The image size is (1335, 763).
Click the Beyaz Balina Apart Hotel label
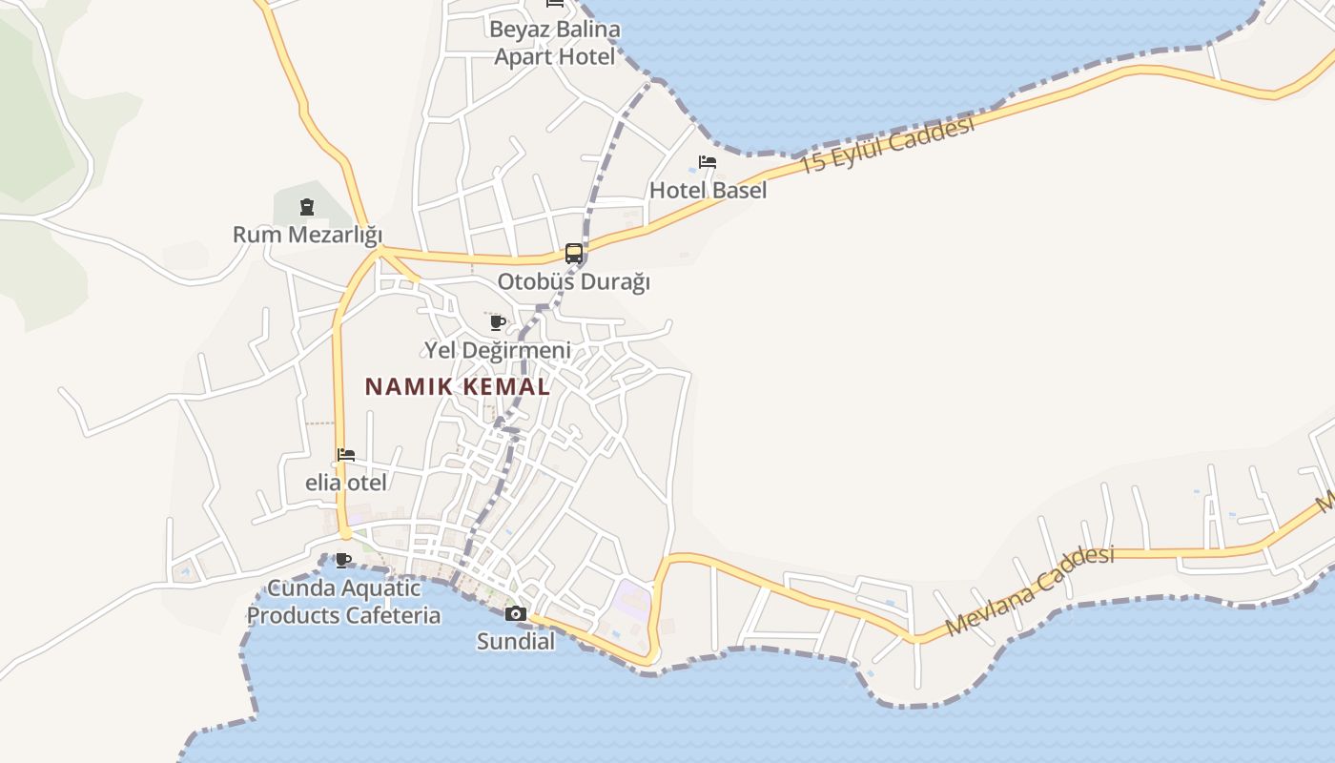pos(554,43)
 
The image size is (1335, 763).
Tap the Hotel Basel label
pos(708,190)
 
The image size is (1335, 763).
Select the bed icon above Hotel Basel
pos(708,162)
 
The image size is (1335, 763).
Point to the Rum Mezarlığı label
pos(307,235)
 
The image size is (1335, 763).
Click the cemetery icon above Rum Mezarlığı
pos(307,206)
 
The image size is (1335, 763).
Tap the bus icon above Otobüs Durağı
pos(574,254)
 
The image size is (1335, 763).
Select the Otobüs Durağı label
pos(574,282)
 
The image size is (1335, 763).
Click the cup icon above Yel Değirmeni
pos(497,322)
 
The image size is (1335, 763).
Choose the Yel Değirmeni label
pos(498,350)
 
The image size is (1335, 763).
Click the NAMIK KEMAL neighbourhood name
pos(458,386)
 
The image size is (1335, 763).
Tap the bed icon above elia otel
pos(346,455)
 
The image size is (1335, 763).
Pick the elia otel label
pos(346,483)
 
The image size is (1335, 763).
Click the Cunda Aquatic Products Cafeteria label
pos(344,602)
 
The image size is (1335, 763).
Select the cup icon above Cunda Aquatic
pos(343,560)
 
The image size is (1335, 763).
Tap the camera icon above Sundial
pos(516,613)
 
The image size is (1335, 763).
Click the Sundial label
pos(516,641)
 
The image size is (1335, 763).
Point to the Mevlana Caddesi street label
pos(1030,591)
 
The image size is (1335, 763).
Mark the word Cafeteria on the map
pos(393,615)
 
